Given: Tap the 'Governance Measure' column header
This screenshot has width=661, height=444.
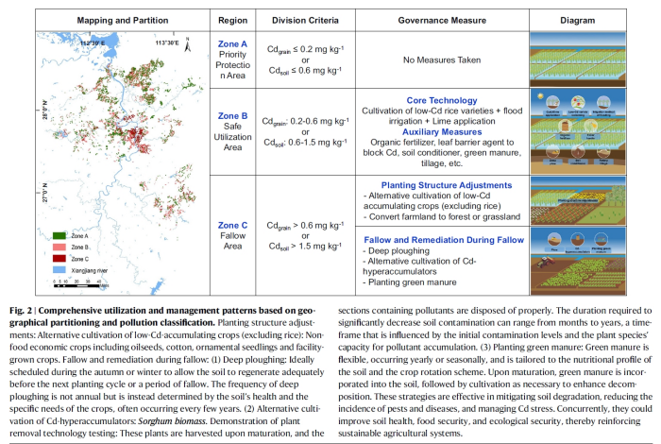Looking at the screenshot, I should pos(441,18).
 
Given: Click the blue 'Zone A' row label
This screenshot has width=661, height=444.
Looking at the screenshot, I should pos(232,43).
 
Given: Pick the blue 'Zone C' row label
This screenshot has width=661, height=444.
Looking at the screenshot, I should pos(232,225).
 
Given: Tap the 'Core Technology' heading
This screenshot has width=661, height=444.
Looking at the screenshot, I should pos(442,98).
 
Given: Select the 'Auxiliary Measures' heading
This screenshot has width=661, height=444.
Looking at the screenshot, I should pos(442,133).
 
